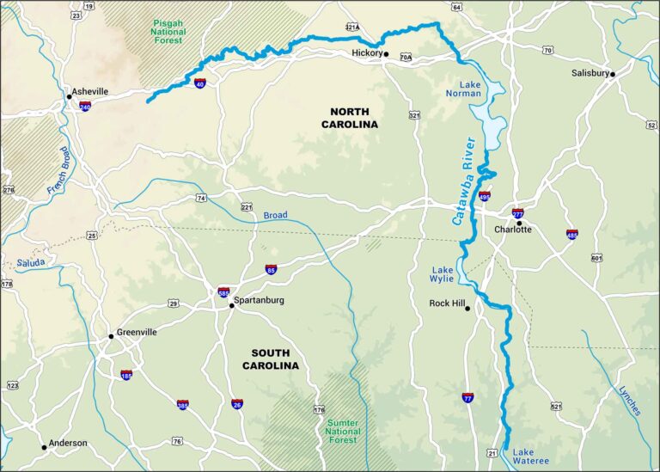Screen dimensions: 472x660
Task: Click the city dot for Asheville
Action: [x=69, y=96]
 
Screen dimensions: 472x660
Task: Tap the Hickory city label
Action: [x=367, y=53]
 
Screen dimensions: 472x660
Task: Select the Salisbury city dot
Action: [x=613, y=74]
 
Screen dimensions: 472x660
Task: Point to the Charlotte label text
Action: [x=513, y=230]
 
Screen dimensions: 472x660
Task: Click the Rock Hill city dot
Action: [x=467, y=309]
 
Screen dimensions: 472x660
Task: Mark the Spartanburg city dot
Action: [x=231, y=305]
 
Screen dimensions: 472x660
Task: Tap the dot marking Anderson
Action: [x=44, y=447]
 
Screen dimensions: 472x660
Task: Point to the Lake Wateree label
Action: [x=530, y=457]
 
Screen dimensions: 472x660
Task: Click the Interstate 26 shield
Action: [x=237, y=403]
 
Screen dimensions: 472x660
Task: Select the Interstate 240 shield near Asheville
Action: [x=85, y=106]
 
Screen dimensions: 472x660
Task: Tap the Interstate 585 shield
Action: [x=223, y=293]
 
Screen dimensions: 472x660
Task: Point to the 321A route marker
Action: [x=351, y=28]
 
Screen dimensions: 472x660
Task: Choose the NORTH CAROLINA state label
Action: [x=350, y=118]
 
